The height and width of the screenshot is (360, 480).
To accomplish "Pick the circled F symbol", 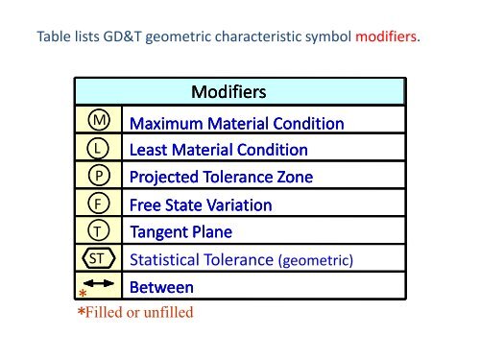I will click(x=98, y=205).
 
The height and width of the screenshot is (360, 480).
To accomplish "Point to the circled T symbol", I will click(x=98, y=232).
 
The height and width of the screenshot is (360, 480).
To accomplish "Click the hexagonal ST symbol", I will click(x=98, y=259).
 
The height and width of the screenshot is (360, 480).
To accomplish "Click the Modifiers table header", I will click(x=228, y=93).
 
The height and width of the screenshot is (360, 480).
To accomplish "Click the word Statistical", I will click(x=167, y=259).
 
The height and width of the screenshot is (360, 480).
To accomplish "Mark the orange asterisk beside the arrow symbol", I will click(x=84, y=295).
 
